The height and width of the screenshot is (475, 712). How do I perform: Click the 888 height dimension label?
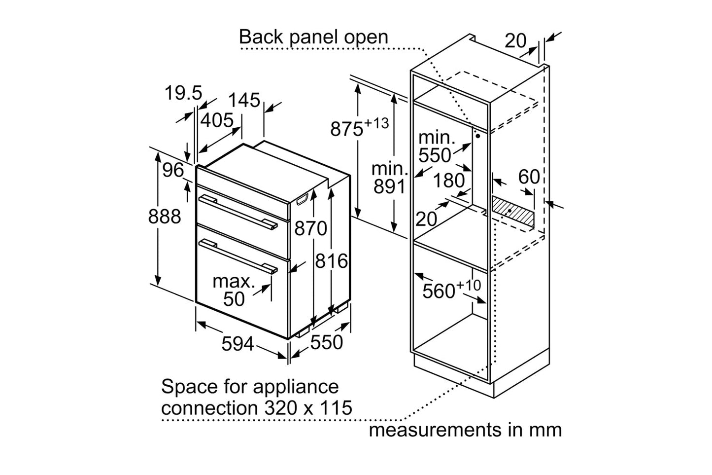tap(165, 217)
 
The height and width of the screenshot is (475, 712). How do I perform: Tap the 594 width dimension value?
tap(237, 344)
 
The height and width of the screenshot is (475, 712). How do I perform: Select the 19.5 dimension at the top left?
tap(183, 93)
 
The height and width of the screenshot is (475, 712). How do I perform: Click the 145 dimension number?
tap(244, 100)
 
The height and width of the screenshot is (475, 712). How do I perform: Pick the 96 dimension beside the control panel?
tap(172, 171)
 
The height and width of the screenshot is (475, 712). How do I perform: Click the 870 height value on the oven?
tap(310, 228)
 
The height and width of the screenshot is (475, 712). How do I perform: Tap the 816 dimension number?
tap(331, 261)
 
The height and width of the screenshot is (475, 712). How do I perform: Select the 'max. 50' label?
tap(234, 290)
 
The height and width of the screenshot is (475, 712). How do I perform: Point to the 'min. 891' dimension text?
tap(390, 178)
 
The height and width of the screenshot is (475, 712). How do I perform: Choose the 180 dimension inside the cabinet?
tap(449, 181)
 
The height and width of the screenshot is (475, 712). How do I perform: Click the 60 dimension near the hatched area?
tap(529, 177)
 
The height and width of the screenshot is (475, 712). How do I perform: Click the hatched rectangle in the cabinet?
tap(512, 211)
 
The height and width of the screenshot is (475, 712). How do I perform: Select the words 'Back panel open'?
tap(313, 37)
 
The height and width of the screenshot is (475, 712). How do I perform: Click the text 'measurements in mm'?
tap(465, 430)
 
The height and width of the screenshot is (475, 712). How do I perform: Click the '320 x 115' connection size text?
tap(305, 408)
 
